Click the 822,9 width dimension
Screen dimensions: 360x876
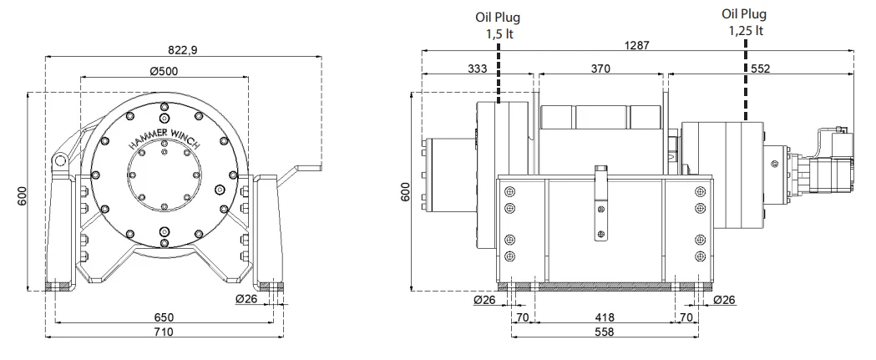coord(182,49)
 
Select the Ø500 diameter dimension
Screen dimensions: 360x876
coord(164,71)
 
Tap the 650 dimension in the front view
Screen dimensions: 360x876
coord(164,317)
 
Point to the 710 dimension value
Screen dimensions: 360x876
coord(164,332)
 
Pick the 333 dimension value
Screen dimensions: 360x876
coord(477,69)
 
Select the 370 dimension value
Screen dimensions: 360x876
coord(600,69)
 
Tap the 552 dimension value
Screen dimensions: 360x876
coord(759,69)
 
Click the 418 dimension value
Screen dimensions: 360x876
coord(605,317)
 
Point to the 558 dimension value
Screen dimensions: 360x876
coord(605,332)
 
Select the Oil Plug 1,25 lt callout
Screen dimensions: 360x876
coord(745,22)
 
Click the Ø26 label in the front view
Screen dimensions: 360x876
coord(248,300)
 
